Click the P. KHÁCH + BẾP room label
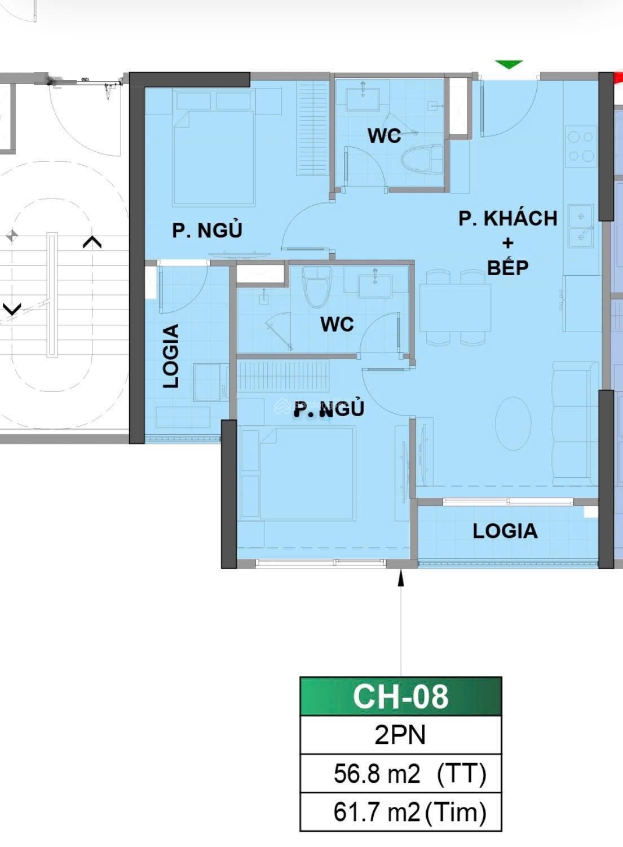[x=507, y=242]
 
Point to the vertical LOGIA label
[x=171, y=356]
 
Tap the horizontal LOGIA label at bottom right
[x=505, y=531]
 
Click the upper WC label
[x=385, y=136]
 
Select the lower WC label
[x=337, y=324]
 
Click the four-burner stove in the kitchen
[x=581, y=146]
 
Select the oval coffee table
[x=514, y=423]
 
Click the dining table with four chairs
[x=455, y=307]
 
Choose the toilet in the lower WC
[x=316, y=287]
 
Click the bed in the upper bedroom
[x=213, y=158]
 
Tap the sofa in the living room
[x=575, y=423]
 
